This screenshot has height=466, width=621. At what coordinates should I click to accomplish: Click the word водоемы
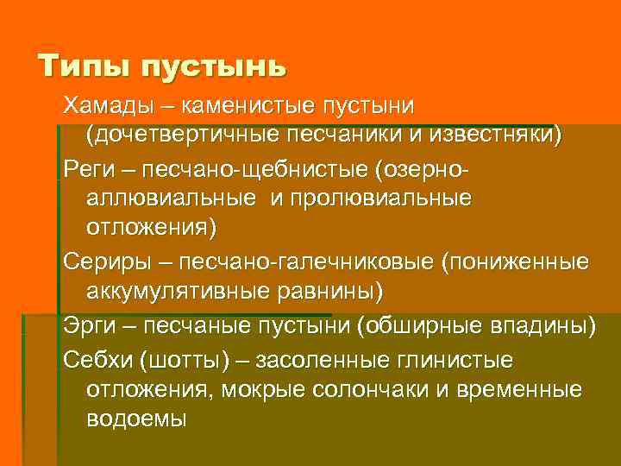coord(136,419)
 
